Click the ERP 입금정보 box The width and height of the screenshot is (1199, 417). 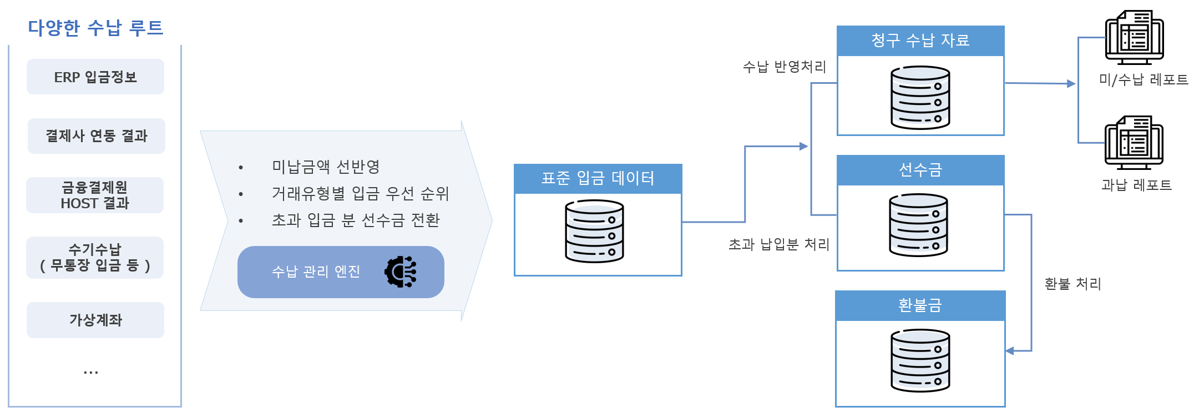tap(95, 77)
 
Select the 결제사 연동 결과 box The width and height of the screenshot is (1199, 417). tap(96, 136)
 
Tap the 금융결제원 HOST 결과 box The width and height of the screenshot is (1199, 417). tap(95, 195)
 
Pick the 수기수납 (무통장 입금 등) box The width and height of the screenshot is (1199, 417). tap(95, 258)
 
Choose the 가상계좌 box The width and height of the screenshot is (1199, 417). tap(95, 320)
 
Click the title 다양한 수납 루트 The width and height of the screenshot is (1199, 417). tap(95, 27)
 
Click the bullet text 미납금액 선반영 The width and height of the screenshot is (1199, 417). tap(326, 167)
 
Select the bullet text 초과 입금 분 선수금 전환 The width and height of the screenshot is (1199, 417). tap(356, 220)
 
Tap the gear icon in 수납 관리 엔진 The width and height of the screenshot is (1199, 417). tap(401, 272)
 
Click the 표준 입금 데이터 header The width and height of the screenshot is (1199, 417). tap(598, 178)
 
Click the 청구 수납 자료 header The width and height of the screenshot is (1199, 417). tap(920, 41)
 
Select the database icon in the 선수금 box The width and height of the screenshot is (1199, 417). tap(918, 225)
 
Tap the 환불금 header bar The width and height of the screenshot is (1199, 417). tap(920, 305)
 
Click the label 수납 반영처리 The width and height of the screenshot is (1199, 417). tap(785, 67)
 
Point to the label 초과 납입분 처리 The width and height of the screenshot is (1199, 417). tap(778, 244)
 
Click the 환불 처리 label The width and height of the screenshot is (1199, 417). tap(1072, 284)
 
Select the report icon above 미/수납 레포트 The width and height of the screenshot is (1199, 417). tap(1134, 37)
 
